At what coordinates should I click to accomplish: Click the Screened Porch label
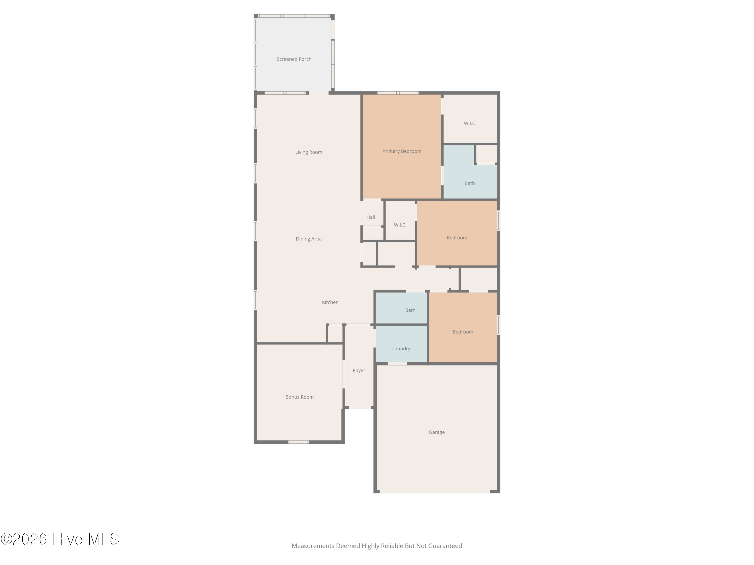click(294, 59)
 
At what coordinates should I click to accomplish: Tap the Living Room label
click(308, 152)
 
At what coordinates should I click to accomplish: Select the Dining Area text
click(308, 239)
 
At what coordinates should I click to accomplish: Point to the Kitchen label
click(330, 302)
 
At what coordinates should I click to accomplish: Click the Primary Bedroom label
click(402, 151)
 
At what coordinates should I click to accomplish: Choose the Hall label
click(370, 217)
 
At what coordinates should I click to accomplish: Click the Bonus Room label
click(299, 397)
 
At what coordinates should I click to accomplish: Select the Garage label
click(437, 432)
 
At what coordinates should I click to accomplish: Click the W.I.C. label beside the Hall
click(400, 225)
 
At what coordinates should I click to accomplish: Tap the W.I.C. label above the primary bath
click(470, 123)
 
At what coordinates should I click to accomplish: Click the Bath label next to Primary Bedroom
click(469, 183)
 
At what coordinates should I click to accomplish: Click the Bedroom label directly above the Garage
click(462, 332)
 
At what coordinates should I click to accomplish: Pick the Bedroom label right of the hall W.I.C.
click(457, 238)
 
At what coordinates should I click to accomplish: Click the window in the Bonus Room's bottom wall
click(298, 442)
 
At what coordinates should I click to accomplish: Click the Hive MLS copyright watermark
click(60, 539)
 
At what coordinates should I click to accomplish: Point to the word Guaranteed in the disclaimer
click(445, 546)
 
